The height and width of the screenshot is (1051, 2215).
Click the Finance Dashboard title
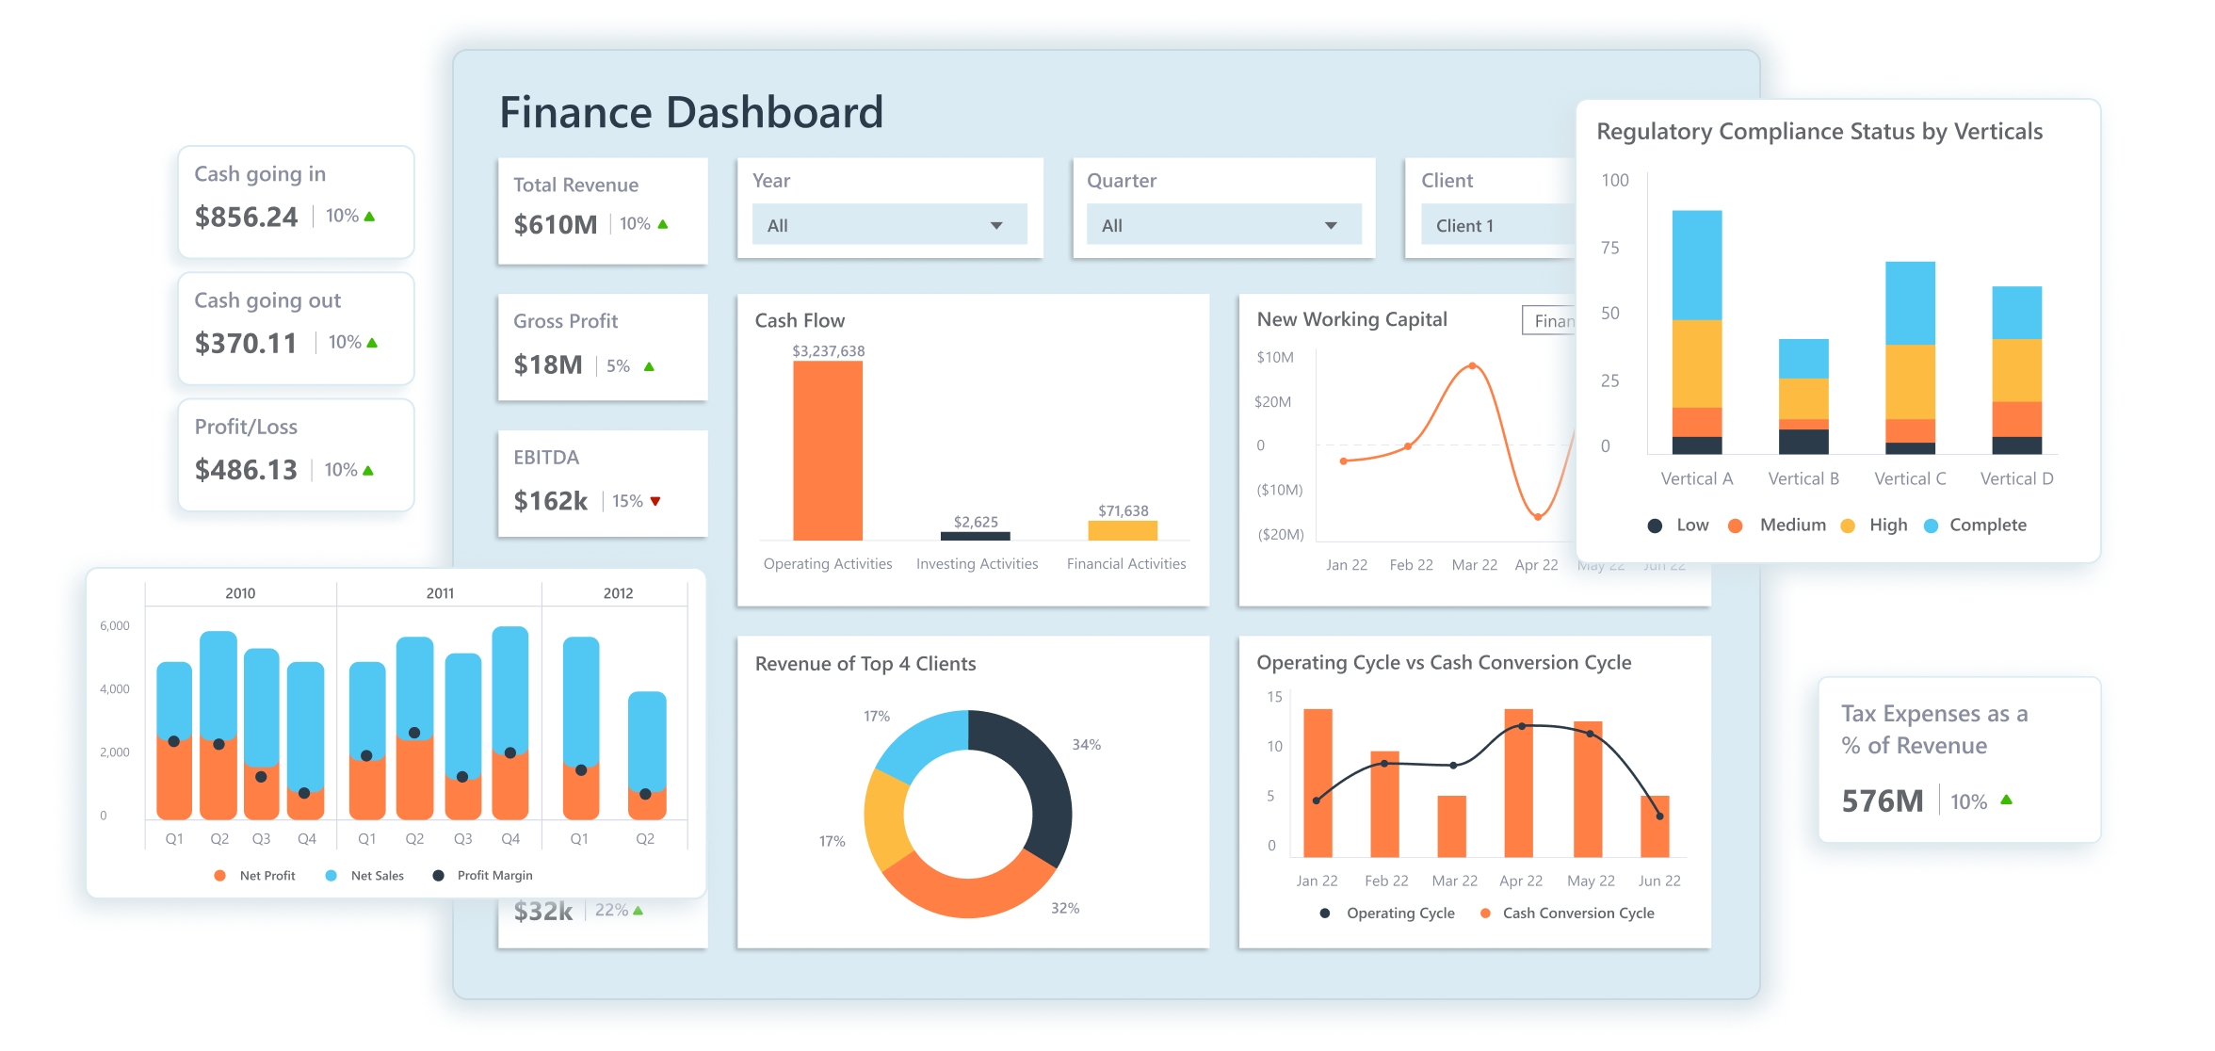click(690, 112)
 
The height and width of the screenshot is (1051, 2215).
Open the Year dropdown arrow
click(996, 226)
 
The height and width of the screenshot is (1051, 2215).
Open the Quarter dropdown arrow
click(1331, 226)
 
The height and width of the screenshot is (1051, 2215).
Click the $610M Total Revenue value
click(555, 225)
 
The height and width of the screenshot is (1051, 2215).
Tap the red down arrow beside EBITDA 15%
click(655, 501)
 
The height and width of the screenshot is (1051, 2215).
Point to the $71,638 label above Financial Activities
click(1123, 510)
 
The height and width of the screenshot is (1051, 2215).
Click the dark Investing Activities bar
click(975, 536)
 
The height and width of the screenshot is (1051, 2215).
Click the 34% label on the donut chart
click(1086, 745)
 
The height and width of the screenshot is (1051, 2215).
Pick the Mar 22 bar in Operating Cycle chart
click(1451, 826)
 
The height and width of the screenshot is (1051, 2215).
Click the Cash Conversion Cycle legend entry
click(1577, 913)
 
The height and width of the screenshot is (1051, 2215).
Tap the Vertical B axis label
click(1803, 478)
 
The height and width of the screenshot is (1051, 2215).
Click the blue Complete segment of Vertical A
click(1696, 264)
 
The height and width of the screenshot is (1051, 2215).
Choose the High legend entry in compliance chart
click(1887, 525)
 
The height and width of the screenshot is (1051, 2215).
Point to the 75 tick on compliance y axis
click(1610, 248)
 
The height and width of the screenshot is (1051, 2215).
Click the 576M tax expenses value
click(1882, 801)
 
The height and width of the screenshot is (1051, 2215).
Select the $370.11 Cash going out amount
click(245, 343)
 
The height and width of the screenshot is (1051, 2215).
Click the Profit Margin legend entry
click(493, 876)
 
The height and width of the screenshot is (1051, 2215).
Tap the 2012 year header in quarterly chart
click(618, 593)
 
